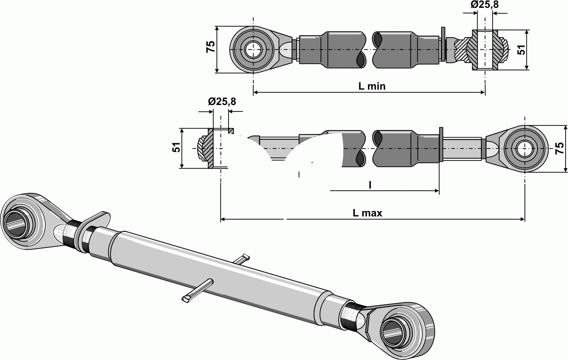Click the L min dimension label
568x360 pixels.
coord(372,86)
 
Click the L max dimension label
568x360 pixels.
coord(367,213)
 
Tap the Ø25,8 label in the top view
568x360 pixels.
coord(484,5)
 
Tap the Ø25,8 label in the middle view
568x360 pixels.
coord(222,102)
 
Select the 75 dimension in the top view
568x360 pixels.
coord(210,47)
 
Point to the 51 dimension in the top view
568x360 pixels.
coord(522,50)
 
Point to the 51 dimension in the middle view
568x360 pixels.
coord(176,147)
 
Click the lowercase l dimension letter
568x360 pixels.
coord(370,185)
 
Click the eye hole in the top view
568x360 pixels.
coord(253,50)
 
